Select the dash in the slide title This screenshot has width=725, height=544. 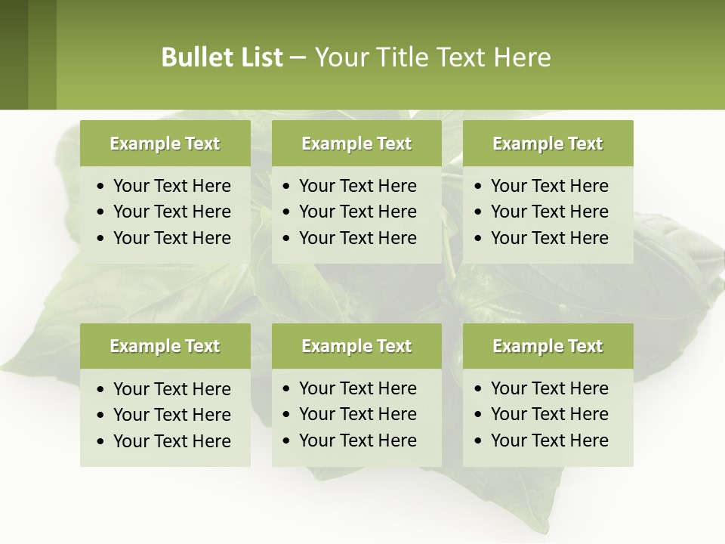click(298, 58)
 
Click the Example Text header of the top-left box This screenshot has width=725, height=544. click(165, 144)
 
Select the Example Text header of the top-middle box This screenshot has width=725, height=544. click(356, 144)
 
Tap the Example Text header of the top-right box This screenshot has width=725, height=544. click(548, 144)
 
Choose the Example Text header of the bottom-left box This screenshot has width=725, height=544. click(165, 346)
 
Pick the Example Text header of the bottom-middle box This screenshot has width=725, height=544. click(356, 346)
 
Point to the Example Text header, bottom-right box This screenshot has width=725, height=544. click(548, 346)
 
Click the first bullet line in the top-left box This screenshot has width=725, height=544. click(171, 186)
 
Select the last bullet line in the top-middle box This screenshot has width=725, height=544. click(357, 238)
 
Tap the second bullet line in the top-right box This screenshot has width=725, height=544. click(549, 212)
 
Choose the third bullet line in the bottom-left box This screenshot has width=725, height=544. click(171, 441)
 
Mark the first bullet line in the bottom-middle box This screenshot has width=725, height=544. click(357, 388)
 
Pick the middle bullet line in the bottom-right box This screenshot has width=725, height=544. click(549, 414)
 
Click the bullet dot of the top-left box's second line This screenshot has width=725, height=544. click(102, 212)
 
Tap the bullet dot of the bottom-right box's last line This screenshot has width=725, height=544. click(479, 441)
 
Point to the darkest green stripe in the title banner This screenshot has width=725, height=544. click(14, 54)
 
